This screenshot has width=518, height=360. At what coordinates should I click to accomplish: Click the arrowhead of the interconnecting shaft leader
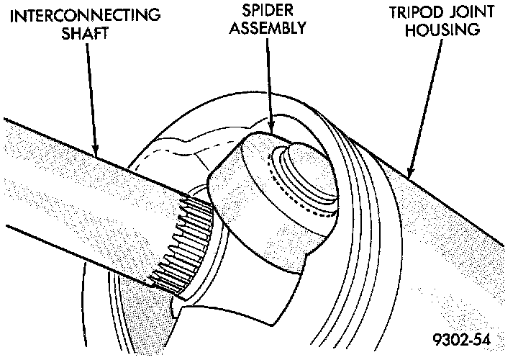tap(97, 153)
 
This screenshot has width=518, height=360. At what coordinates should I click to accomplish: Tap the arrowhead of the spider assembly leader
tap(271, 130)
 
